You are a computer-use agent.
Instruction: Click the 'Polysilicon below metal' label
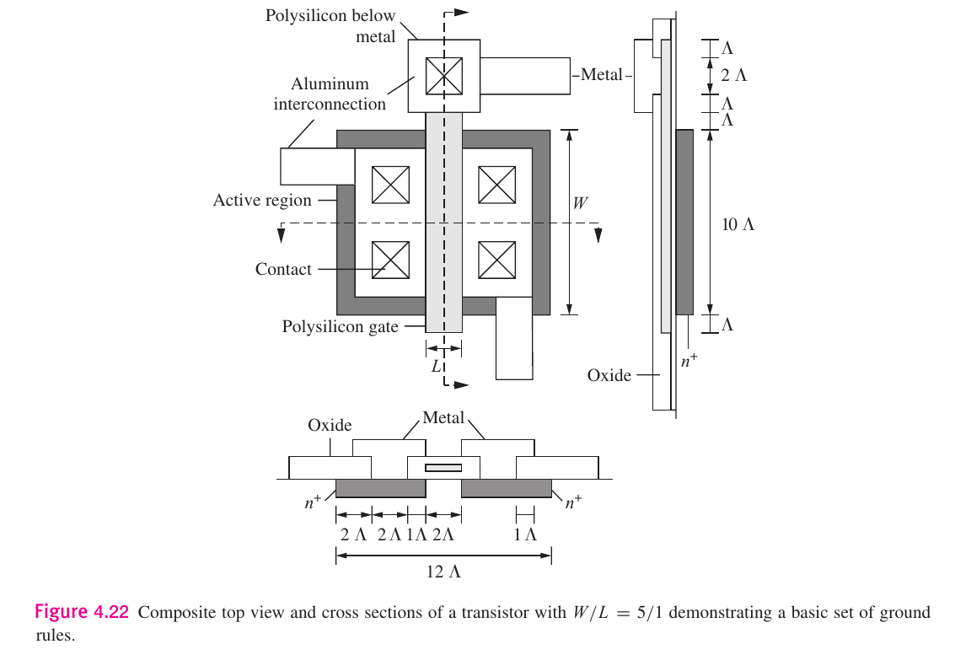(330, 26)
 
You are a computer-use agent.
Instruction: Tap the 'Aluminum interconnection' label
(330, 94)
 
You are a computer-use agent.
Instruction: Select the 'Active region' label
(262, 201)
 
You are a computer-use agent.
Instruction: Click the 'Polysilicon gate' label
(340, 326)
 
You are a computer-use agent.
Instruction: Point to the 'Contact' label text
(283, 270)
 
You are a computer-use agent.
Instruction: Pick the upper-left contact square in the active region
(391, 185)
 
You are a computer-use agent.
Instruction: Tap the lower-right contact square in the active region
(496, 260)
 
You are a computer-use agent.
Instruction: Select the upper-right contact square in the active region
(496, 185)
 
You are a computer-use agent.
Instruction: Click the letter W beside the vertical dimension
(581, 203)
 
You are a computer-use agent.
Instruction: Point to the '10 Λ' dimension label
(738, 224)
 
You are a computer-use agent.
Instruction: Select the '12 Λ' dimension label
(443, 572)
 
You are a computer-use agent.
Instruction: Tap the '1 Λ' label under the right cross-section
(525, 534)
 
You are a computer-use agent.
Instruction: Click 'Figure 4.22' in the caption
(82, 612)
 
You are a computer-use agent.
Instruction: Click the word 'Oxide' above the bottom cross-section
(330, 426)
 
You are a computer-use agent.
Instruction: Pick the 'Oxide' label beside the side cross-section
(609, 375)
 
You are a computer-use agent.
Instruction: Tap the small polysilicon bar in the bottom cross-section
(443, 467)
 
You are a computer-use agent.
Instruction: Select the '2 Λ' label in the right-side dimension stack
(733, 74)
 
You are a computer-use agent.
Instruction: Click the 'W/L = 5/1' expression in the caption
(613, 613)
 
